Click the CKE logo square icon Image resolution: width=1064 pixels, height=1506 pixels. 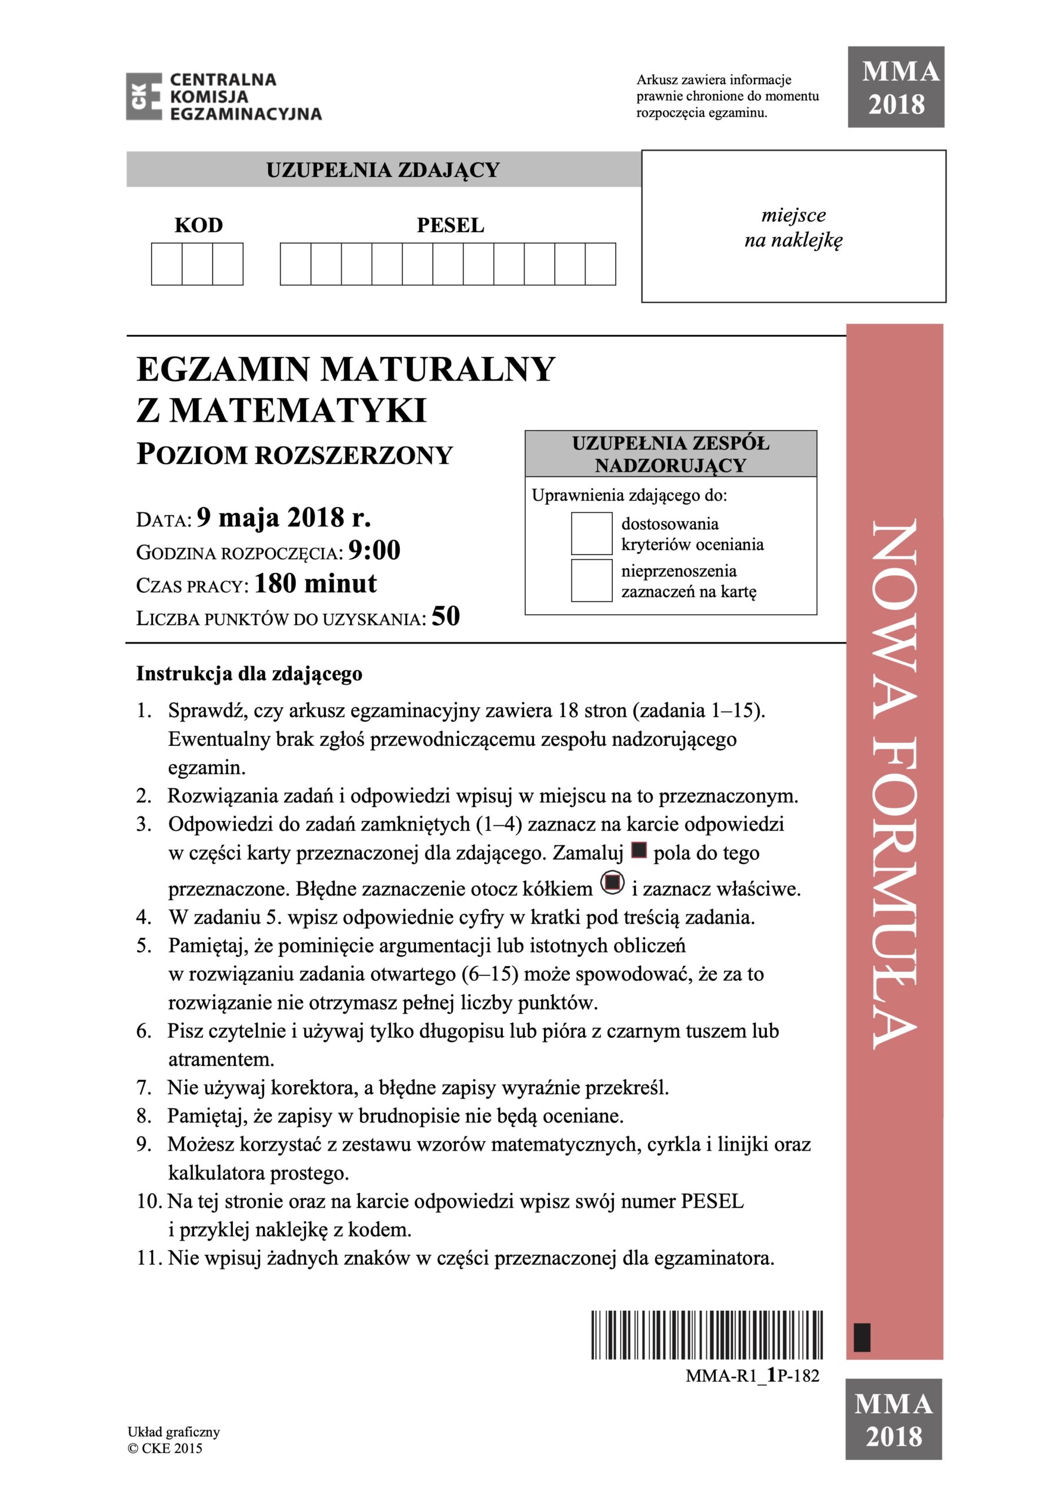pos(144,96)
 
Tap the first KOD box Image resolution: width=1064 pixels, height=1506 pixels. pos(166,264)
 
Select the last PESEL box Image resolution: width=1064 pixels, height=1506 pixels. pos(600,264)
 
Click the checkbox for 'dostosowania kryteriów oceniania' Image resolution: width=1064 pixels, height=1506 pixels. pos(591,533)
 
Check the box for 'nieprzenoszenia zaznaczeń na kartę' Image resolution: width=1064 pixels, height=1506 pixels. pos(591,581)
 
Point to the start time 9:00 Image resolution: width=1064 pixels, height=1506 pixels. pos(374,550)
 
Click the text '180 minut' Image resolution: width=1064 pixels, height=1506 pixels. pos(315,583)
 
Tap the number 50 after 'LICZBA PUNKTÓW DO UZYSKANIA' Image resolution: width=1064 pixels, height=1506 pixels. pos(445,616)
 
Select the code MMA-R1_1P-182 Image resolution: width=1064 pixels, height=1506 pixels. pos(752,1375)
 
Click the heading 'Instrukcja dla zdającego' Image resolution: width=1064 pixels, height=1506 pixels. pos(249,674)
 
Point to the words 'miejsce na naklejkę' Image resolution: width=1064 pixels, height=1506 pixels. pos(793,228)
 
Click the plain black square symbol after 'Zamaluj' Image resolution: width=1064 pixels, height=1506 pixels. pos(638,851)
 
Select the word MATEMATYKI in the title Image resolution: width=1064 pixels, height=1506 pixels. pos(298,411)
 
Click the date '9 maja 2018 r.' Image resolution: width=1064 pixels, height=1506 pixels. pos(284,518)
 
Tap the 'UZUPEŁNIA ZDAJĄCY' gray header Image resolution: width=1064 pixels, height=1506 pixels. pos(383,170)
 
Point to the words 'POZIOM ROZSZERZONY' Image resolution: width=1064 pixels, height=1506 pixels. pos(295,455)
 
